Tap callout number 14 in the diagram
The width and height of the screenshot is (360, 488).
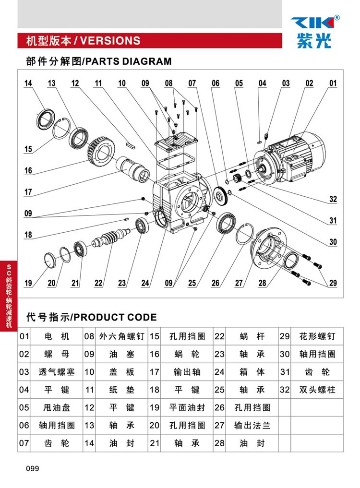(x=28, y=83)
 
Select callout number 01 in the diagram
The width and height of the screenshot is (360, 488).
(x=333, y=83)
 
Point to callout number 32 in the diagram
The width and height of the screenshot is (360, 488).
(x=333, y=199)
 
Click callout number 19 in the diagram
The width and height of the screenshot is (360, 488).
(x=28, y=283)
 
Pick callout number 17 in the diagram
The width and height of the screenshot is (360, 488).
(x=28, y=192)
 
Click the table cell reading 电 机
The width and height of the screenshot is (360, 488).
(x=57, y=337)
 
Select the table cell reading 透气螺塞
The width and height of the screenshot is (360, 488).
(x=57, y=372)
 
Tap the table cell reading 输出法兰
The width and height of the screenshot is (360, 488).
(x=252, y=425)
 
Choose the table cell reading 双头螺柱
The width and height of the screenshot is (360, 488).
(x=317, y=390)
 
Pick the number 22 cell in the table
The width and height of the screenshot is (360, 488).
(x=219, y=337)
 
